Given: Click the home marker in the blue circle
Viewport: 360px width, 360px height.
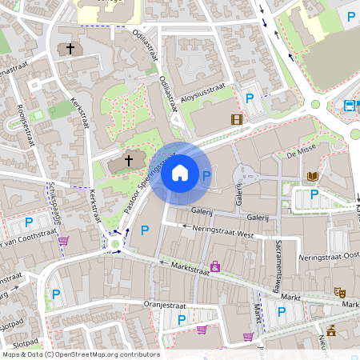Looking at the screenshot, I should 180,172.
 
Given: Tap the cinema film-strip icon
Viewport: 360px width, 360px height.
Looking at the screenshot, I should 236,120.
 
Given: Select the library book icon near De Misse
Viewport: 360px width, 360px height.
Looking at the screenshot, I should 312,175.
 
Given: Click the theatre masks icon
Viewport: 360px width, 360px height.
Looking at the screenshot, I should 340,294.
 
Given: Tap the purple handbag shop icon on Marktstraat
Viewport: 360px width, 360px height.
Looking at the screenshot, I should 215,266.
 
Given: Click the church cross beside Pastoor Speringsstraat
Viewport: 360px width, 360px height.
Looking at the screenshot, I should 129,161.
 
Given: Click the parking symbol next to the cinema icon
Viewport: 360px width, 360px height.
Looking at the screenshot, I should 249,98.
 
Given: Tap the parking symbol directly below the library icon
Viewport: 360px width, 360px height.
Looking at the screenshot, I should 314,194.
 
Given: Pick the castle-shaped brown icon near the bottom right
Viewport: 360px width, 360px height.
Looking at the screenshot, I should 331,330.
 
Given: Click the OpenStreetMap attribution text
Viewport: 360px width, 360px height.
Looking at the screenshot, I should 80,354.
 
